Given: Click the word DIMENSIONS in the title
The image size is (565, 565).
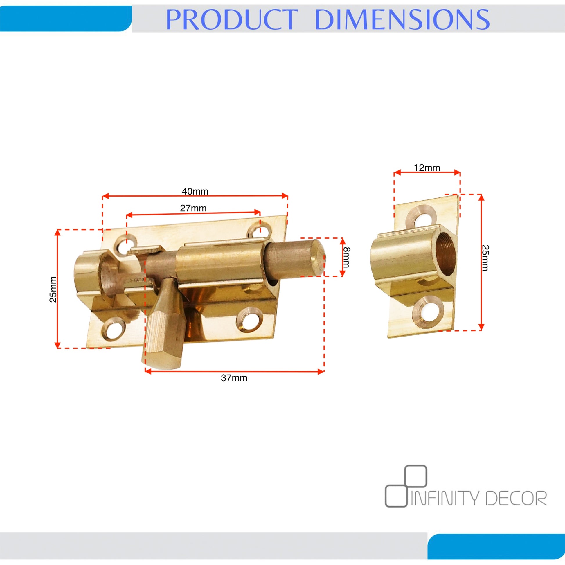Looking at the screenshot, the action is pyautogui.click(x=402, y=19).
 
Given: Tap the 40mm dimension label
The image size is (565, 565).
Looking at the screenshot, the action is pyautogui.click(x=195, y=191).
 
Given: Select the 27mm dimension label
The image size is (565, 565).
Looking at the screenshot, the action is pyautogui.click(x=193, y=208).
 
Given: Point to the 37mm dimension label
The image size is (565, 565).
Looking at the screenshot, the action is pyautogui.click(x=234, y=378).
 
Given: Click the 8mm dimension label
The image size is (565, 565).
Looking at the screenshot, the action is pyautogui.click(x=346, y=257).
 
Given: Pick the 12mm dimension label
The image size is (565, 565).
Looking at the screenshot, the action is pyautogui.click(x=427, y=168).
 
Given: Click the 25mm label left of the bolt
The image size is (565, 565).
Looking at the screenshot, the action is pyautogui.click(x=53, y=289).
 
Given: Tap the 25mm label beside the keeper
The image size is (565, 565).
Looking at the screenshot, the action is pyautogui.click(x=485, y=258).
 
